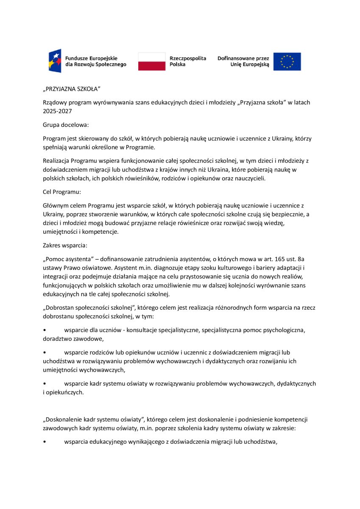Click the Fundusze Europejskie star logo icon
(55, 61)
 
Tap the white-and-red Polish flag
(152, 62)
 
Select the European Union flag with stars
(287, 62)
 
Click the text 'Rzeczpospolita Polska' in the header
(187, 61)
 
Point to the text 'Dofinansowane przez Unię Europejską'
(243, 61)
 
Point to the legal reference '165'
(276, 259)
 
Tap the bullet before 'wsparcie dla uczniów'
(45, 330)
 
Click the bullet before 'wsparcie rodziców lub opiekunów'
(45, 352)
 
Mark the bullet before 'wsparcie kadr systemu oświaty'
(45, 384)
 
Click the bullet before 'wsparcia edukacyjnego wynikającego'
(45, 442)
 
